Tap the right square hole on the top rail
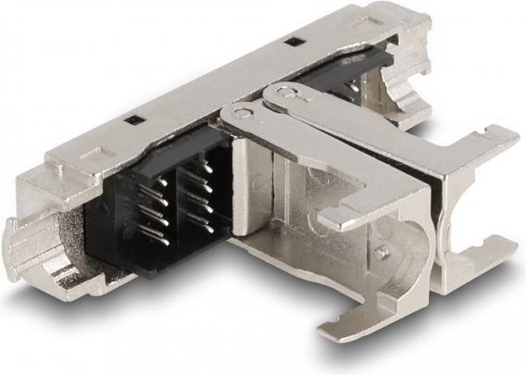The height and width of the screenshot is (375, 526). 293,42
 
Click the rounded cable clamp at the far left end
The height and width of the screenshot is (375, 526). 27,244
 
